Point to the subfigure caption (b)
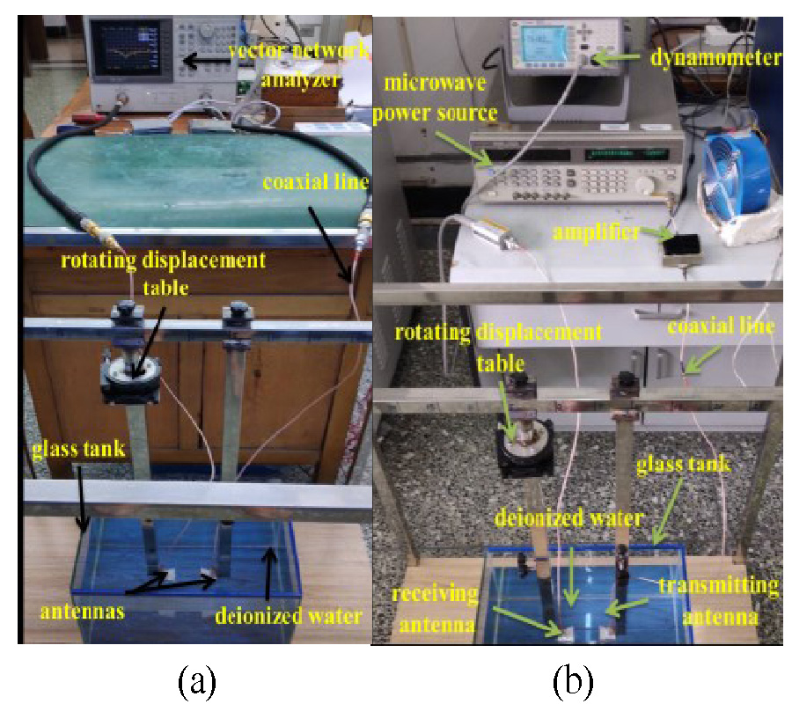click(573, 679)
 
